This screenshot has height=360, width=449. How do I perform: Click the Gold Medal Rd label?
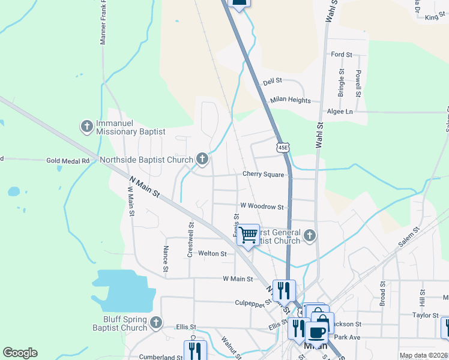pos(68,161)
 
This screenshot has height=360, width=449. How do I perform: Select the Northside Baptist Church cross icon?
pos(202,159)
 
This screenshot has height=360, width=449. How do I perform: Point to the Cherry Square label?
pos(262,174)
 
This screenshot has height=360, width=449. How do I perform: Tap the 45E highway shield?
pos(283,147)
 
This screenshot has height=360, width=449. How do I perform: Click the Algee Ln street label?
pos(340,112)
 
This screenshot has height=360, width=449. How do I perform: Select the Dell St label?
pos(273,81)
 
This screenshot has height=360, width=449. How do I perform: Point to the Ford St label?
pos(342,55)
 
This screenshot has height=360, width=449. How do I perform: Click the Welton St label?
pos(212,254)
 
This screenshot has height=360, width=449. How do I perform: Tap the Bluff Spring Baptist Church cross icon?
pos(156,322)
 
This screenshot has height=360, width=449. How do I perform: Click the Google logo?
pos(20,353)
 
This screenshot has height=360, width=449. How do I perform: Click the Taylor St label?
pos(426,315)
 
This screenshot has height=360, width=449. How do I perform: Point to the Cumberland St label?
pos(160,357)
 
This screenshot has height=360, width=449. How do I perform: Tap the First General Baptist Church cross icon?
pos(309,235)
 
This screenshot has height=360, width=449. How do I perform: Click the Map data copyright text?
pos(423,355)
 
